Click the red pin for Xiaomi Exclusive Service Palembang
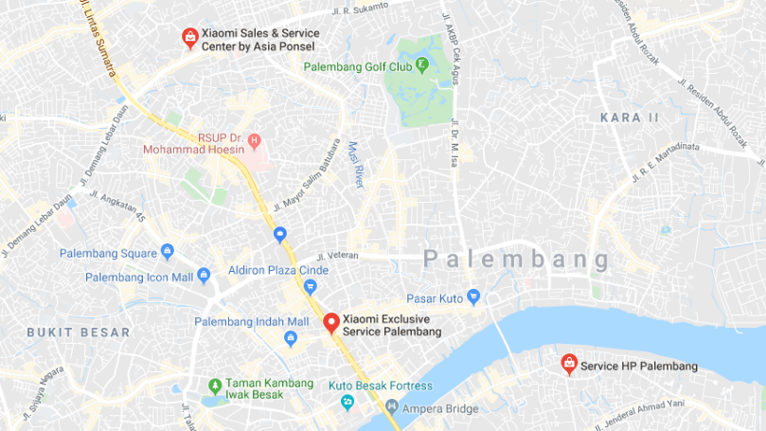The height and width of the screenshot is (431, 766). pos(330,322)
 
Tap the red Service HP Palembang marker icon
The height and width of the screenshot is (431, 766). pos(568,363)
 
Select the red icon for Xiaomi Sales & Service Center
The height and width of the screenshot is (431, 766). pos(189,36)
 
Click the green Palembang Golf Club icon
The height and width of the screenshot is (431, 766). pos(421,65)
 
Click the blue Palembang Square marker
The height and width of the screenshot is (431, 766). pos(168,251)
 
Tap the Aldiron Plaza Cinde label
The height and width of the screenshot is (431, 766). pos(278,270)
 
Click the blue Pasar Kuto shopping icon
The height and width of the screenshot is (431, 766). pos(474,296)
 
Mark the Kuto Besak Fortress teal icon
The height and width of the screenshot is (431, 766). pos(347,403)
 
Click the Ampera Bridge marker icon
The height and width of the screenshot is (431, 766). pos(392,409)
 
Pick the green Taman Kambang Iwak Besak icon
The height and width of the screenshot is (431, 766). pos(215,386)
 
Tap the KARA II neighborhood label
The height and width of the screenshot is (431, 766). pos(629,117)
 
